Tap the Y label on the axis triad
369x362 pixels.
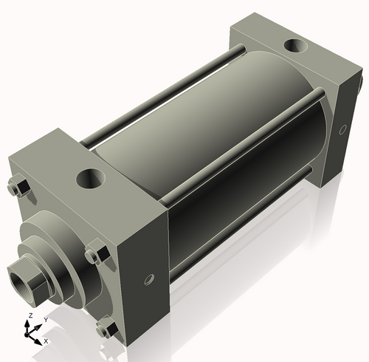coord(45,319)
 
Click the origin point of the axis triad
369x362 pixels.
coord(30,334)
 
